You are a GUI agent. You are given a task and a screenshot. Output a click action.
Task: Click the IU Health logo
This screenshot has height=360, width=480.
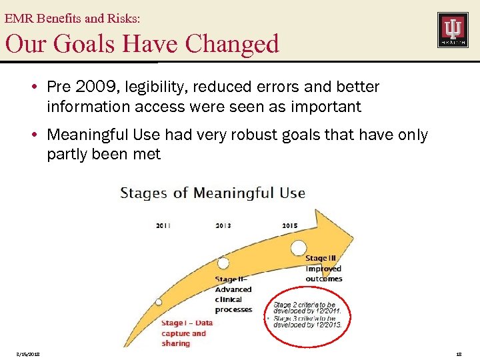tap(452, 29)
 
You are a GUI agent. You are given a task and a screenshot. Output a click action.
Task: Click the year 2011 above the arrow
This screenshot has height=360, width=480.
tap(163, 225)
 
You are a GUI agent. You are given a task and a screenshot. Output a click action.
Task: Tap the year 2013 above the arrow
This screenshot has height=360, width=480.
tap(223, 225)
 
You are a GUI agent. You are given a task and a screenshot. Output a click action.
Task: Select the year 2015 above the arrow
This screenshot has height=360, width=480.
tap(290, 225)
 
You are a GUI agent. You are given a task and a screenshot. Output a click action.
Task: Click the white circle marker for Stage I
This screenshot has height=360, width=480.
tap(159, 301)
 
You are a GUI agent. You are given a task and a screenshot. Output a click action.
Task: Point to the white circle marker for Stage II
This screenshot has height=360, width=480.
tap(223, 263)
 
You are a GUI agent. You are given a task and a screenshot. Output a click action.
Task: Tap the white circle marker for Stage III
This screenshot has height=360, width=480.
tap(299, 247)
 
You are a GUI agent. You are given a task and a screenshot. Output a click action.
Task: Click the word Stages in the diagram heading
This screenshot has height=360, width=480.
tap(144, 193)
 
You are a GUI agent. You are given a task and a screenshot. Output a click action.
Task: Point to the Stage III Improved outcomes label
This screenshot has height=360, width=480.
tap(323, 268)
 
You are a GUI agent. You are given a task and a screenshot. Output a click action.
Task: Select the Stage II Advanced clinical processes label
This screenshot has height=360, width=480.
tap(233, 294)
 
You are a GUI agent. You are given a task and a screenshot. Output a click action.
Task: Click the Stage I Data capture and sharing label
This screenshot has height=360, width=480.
tap(184, 333)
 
